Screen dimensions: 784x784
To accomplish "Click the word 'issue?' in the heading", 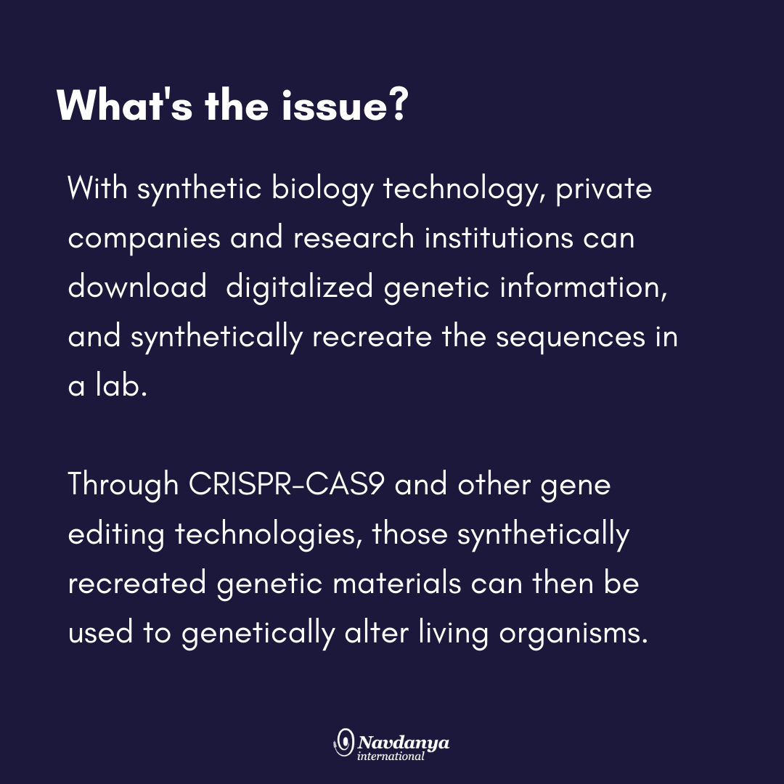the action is tap(346, 105).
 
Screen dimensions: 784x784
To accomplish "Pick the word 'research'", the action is tap(354, 237).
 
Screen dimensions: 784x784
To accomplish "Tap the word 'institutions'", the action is tap(499, 237).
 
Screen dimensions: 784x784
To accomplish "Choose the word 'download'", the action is tap(137, 287).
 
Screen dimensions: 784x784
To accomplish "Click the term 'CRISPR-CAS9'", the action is tap(287, 484).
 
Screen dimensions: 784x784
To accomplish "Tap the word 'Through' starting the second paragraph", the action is tap(123, 485).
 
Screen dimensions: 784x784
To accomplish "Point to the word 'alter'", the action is tap(377, 632).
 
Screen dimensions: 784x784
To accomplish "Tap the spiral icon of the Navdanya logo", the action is tap(344, 743).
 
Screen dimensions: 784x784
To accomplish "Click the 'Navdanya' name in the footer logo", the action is tap(404, 743).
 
